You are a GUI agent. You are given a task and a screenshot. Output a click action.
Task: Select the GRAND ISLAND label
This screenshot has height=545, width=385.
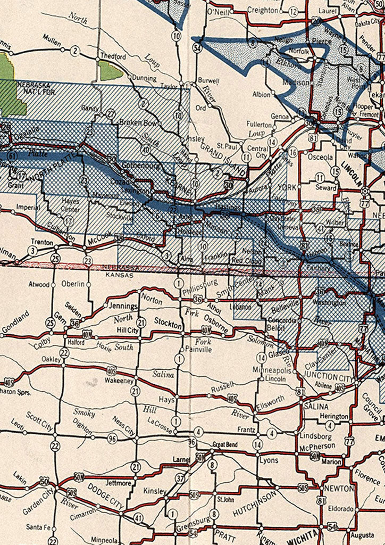click(x=223, y=160)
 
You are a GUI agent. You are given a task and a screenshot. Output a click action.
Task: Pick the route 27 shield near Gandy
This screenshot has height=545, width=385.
click(x=111, y=113)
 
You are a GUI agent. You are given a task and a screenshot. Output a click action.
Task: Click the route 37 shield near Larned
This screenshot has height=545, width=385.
click(x=180, y=478)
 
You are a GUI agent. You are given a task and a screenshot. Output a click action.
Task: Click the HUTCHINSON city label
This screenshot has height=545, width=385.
click(x=255, y=503)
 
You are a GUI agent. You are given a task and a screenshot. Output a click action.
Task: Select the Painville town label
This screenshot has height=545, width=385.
click(x=197, y=350)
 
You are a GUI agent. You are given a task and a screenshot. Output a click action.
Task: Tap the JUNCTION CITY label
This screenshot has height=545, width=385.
click(x=327, y=377)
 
